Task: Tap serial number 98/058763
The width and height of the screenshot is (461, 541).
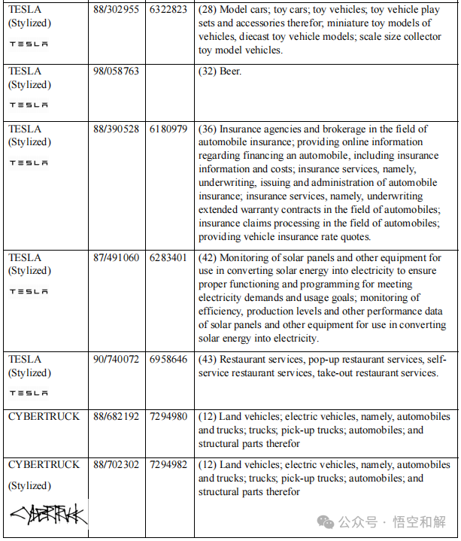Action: [116, 71]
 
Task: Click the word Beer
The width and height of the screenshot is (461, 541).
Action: [232, 71]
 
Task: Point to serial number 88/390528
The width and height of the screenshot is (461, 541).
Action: [116, 129]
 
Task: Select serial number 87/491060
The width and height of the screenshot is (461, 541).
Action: [116, 258]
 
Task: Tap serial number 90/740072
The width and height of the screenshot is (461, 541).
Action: [116, 360]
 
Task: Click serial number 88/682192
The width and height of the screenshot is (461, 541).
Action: [116, 417]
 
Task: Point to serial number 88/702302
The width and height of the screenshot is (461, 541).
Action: [116, 465]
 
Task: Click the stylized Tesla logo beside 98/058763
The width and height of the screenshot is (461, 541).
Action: [29, 105]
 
